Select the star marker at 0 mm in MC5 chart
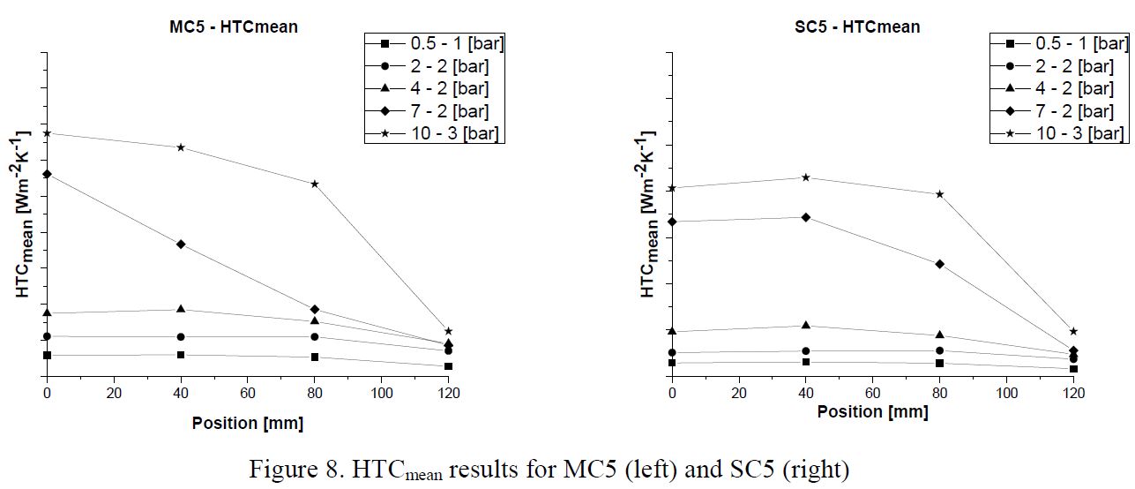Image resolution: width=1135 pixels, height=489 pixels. (47, 133)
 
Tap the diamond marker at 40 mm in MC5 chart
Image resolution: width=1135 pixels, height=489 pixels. (181, 244)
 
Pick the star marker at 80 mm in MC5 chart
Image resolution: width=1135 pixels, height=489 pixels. (315, 184)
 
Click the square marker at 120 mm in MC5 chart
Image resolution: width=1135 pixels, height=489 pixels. (448, 365)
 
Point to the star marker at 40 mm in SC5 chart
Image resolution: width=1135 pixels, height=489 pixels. (806, 177)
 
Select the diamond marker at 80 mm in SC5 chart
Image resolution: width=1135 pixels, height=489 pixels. (939, 264)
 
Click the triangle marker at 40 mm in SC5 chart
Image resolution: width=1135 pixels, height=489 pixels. (806, 326)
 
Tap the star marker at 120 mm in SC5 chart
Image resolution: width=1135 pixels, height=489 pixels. (1073, 331)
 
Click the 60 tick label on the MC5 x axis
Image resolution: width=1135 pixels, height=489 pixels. (248, 393)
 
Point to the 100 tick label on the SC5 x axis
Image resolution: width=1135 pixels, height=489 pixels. (1006, 393)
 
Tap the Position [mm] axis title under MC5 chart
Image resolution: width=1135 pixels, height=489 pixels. (247, 424)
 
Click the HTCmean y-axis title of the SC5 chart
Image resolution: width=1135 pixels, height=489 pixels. (649, 216)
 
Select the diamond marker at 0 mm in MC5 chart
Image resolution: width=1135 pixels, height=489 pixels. (47, 174)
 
